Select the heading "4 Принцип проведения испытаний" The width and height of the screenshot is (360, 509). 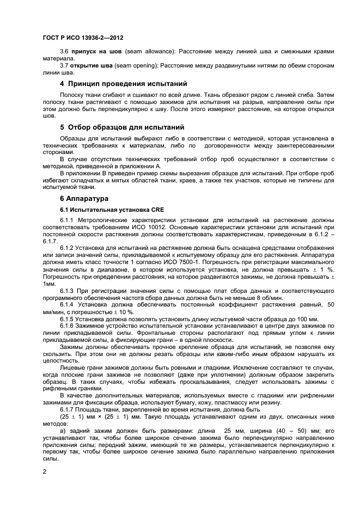tap(124, 84)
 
